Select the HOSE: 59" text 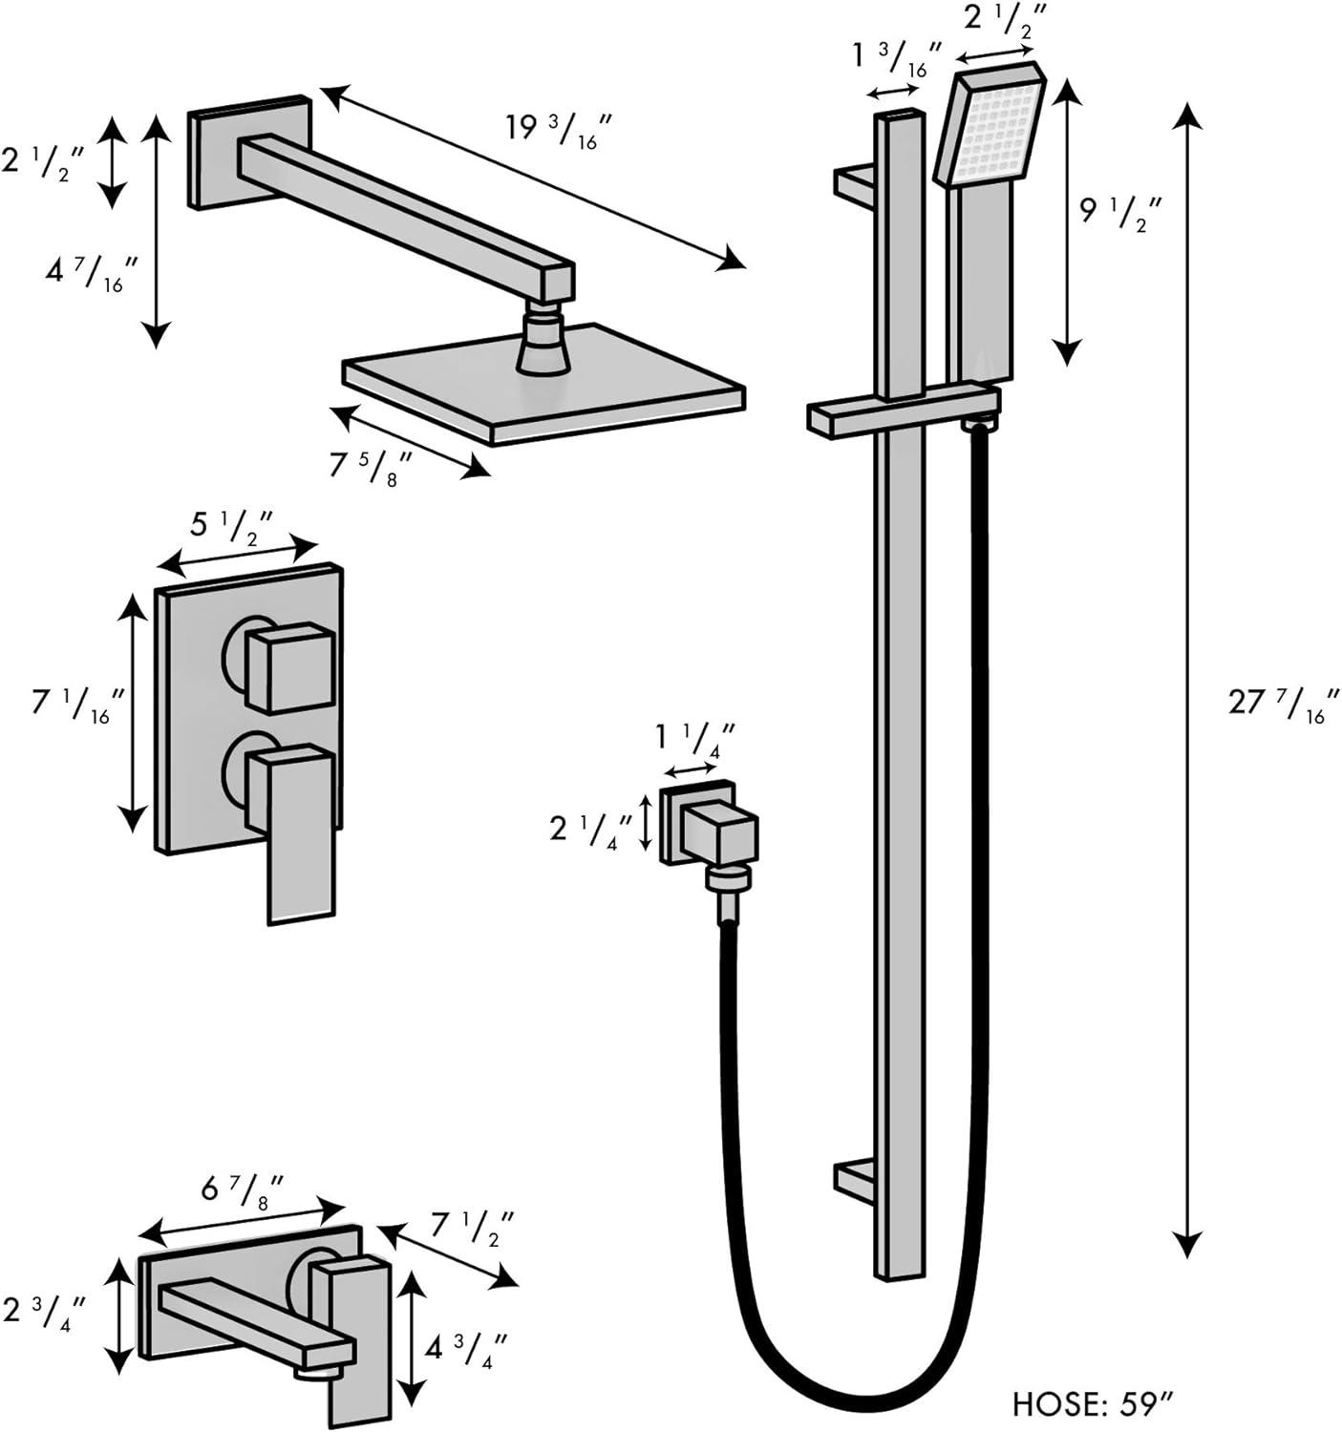(1093, 1403)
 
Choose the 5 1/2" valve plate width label (233, 527)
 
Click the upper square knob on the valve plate (289, 666)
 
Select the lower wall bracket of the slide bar (855, 1179)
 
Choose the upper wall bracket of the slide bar (855, 183)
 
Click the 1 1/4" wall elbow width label (693, 737)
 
